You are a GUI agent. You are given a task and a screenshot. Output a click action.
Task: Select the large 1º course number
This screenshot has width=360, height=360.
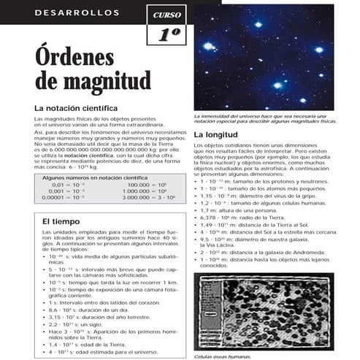[x=166, y=34]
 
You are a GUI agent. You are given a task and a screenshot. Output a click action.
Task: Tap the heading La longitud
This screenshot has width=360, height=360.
[x=216, y=136]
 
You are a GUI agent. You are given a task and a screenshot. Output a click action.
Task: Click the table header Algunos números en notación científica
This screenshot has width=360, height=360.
[x=95, y=177]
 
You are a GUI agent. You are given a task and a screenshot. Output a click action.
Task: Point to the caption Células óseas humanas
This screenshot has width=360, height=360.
[x=222, y=356]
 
